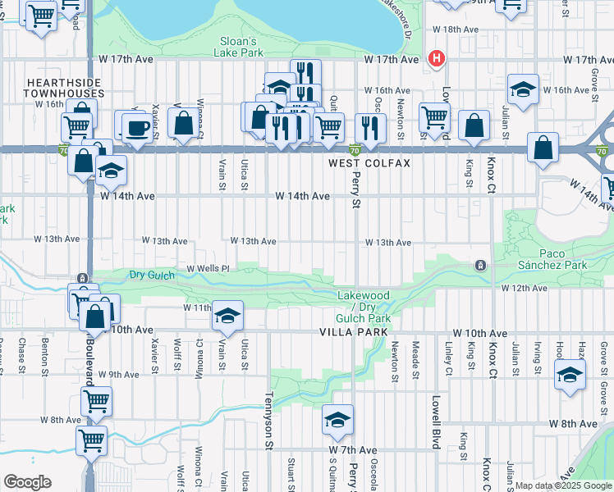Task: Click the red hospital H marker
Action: click(x=438, y=59)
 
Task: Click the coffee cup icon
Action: click(x=135, y=126)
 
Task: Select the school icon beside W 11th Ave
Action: click(x=227, y=316)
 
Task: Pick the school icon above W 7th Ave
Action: click(x=337, y=420)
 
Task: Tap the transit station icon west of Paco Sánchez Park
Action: click(x=480, y=266)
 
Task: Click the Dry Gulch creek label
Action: click(x=151, y=276)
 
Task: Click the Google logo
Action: click(x=27, y=481)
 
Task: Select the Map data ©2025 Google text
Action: click(x=563, y=485)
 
